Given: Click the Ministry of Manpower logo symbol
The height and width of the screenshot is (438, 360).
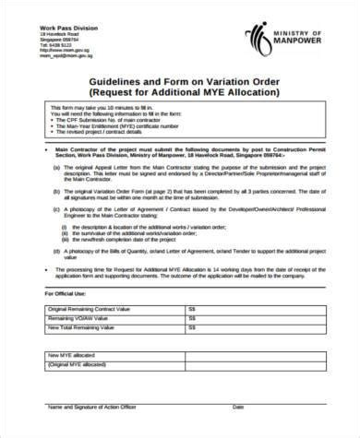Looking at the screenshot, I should click(255, 38).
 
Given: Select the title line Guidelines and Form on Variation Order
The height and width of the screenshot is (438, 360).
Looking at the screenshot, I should click(180, 82).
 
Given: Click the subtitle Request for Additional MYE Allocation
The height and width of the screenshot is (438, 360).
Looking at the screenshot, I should click(180, 95).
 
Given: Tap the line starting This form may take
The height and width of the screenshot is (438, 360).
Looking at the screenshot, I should click(115, 111).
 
